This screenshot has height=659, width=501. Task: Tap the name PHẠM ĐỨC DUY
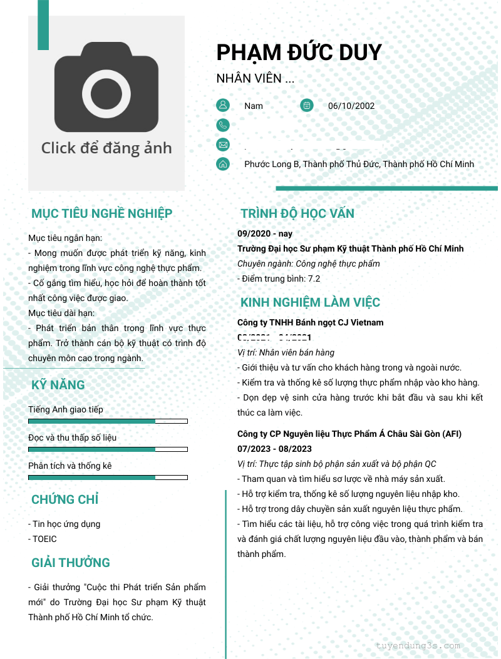coord(299,52)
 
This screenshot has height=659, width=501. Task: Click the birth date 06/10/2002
coord(351,106)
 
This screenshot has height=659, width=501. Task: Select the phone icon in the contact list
coord(223,125)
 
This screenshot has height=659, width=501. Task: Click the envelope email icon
coord(223,145)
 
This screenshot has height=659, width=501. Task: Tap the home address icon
coord(223,164)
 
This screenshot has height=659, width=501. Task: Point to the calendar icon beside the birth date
coord(306,105)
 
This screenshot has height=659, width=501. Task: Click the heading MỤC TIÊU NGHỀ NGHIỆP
coord(101,213)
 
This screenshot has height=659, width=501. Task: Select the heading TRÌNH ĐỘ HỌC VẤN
coord(297,213)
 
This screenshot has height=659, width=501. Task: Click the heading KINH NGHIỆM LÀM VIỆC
coord(310,303)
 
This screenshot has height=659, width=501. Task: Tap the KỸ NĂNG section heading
coord(58,385)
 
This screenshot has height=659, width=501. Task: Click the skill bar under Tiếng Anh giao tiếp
coord(108,421)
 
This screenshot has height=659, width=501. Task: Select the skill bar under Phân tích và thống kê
coord(108,478)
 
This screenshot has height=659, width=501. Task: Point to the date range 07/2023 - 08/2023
coord(274,449)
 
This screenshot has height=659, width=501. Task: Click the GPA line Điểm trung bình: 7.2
coord(279,278)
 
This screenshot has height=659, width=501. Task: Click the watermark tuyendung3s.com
coord(418,645)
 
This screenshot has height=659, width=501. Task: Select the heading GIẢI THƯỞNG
coord(70,563)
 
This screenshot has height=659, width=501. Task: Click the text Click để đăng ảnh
coord(106,148)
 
